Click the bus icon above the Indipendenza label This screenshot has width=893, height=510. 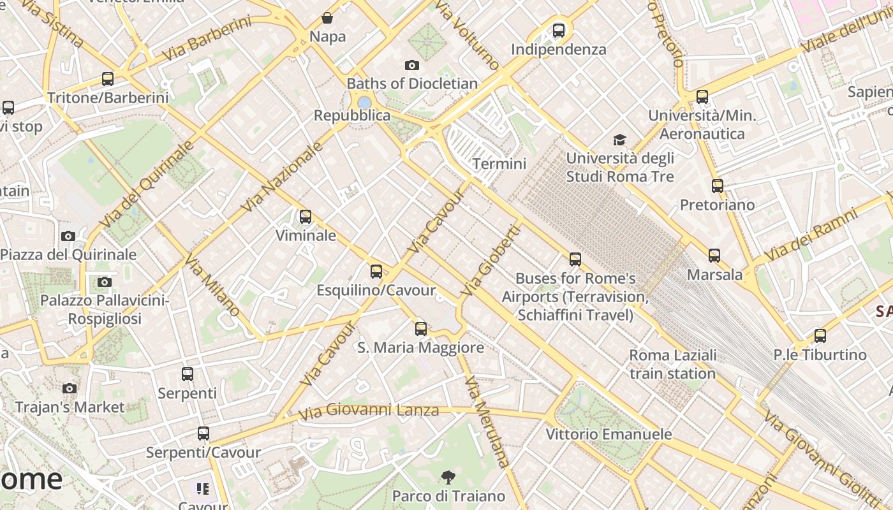pyautogui.click(x=559, y=30)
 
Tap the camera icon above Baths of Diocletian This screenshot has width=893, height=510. pyautogui.click(x=412, y=65)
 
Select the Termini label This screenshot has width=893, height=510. pyautogui.click(x=499, y=164)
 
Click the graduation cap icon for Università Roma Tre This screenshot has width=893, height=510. pyautogui.click(x=619, y=140)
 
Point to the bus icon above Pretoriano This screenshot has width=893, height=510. pyautogui.click(x=718, y=186)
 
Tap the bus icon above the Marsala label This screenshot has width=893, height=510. pyautogui.click(x=714, y=256)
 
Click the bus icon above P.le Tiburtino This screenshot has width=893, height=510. pyautogui.click(x=820, y=335)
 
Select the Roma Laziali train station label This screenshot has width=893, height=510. pyautogui.click(x=672, y=364)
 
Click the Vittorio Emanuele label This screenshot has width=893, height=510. pyautogui.click(x=609, y=434)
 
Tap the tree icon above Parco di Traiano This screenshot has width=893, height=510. pyautogui.click(x=448, y=477)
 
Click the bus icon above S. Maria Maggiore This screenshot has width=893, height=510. pyautogui.click(x=421, y=329)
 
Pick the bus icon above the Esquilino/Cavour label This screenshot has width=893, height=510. pyautogui.click(x=376, y=272)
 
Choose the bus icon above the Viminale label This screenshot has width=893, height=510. pyautogui.click(x=306, y=217)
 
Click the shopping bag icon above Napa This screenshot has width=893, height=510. pyautogui.click(x=327, y=18)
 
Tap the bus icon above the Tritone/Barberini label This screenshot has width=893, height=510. pyautogui.click(x=108, y=79)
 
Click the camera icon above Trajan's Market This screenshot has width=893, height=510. pyautogui.click(x=70, y=388)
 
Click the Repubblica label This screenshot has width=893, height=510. pyautogui.click(x=352, y=115)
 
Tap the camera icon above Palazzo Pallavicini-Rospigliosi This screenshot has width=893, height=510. pyautogui.click(x=105, y=282)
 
